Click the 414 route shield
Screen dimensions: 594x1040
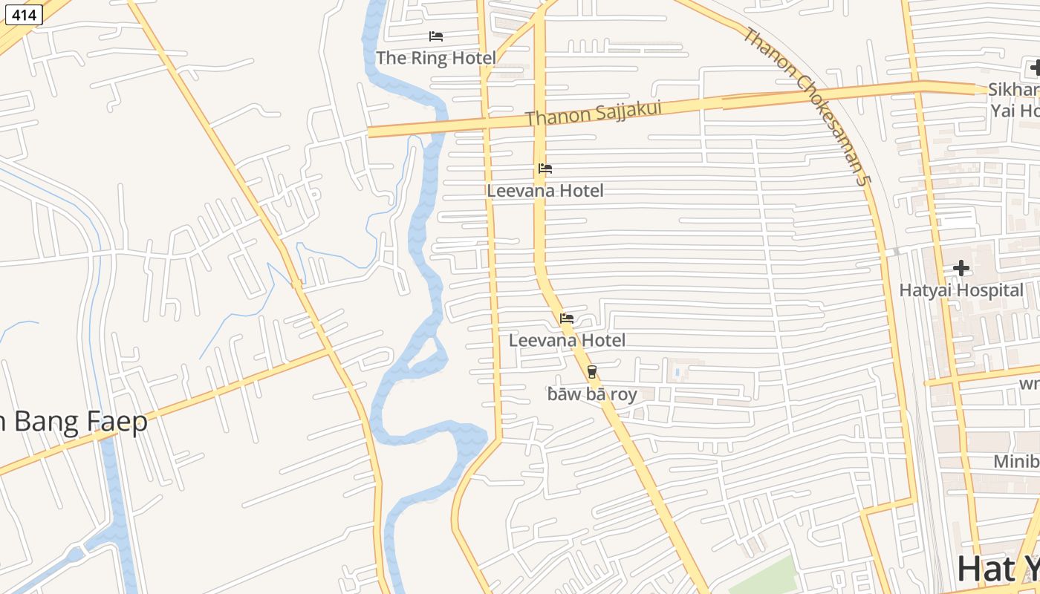click(24, 14)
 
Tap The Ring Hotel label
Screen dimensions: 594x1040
click(436, 58)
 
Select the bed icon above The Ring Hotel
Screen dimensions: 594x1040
click(436, 36)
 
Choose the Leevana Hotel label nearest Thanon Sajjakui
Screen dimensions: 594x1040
click(545, 191)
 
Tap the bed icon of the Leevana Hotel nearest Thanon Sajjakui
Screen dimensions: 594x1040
click(545, 169)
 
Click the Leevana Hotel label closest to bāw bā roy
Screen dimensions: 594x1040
click(567, 341)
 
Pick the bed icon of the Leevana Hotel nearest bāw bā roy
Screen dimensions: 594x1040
click(567, 319)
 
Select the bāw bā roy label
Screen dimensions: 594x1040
click(592, 394)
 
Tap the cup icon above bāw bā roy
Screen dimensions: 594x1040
click(592, 372)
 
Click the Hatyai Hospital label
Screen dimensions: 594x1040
click(961, 290)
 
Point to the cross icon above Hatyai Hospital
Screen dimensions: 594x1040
click(961, 267)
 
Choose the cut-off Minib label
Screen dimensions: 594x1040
click(1016, 462)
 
